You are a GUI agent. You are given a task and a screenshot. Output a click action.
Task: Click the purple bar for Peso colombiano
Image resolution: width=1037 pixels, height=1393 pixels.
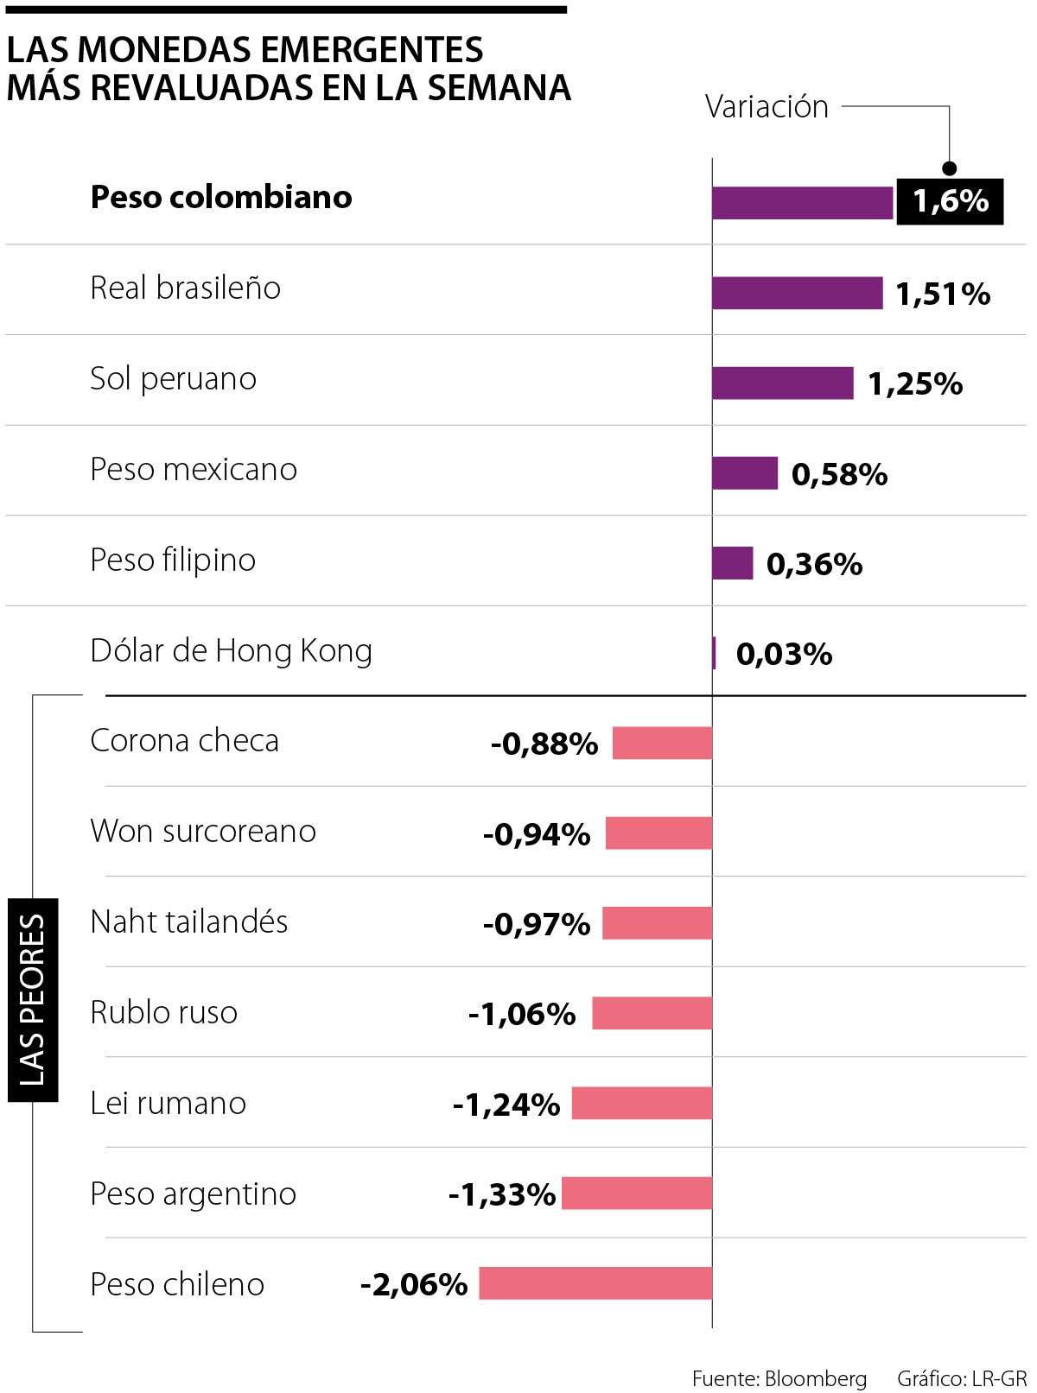tap(802, 203)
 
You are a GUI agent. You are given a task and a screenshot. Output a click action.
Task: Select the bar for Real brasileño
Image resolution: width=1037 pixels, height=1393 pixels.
tap(797, 293)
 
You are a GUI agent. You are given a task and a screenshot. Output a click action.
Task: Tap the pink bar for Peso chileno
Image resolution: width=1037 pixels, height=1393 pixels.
tap(595, 1283)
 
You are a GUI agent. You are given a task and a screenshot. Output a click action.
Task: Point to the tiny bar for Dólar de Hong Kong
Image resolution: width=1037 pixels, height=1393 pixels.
tap(715, 653)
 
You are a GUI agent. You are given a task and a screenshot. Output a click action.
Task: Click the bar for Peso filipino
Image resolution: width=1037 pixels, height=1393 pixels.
tap(732, 563)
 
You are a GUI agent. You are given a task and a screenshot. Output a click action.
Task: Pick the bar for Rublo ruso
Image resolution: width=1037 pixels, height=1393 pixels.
tap(652, 1013)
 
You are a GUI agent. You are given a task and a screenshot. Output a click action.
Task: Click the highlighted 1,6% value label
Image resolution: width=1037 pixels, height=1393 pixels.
tap(950, 201)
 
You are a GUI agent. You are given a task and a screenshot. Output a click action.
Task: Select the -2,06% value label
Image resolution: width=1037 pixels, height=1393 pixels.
tap(414, 1285)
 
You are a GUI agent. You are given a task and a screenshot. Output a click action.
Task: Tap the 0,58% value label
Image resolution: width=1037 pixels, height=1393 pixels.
tap(839, 474)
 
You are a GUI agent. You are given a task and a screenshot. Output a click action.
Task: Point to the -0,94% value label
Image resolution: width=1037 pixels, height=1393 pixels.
tap(537, 834)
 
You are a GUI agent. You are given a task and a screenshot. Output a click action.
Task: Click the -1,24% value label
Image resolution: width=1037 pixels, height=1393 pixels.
tap(506, 1105)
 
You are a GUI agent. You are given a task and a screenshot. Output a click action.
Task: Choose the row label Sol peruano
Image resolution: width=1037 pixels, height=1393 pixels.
tap(174, 379)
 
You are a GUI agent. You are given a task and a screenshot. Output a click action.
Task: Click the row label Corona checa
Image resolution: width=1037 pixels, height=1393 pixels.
tap(185, 741)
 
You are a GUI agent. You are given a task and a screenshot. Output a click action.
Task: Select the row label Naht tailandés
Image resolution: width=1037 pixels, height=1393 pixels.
tap(189, 922)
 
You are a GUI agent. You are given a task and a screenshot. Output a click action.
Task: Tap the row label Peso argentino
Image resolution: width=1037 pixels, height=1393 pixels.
tap(194, 1194)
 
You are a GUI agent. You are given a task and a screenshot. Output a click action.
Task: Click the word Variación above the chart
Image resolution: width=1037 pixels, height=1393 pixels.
tap(767, 107)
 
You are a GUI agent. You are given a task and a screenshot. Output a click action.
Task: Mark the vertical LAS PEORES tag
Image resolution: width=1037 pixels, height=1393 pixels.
tap(33, 1000)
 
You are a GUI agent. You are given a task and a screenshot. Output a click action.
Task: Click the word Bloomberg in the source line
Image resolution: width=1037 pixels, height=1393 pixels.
tap(815, 1378)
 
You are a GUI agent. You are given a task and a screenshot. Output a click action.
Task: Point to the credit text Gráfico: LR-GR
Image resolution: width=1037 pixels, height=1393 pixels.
tap(961, 1378)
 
